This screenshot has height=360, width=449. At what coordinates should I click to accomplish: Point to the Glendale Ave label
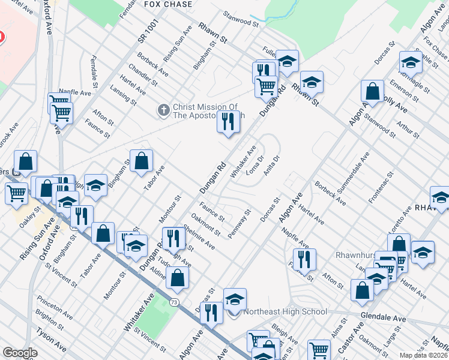[x=383, y=316]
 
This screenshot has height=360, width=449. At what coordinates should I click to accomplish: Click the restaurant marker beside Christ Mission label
[x=228, y=122]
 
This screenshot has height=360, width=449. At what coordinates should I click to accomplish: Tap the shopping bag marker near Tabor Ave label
[x=141, y=161]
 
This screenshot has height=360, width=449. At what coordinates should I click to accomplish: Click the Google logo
[x=20, y=353]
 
